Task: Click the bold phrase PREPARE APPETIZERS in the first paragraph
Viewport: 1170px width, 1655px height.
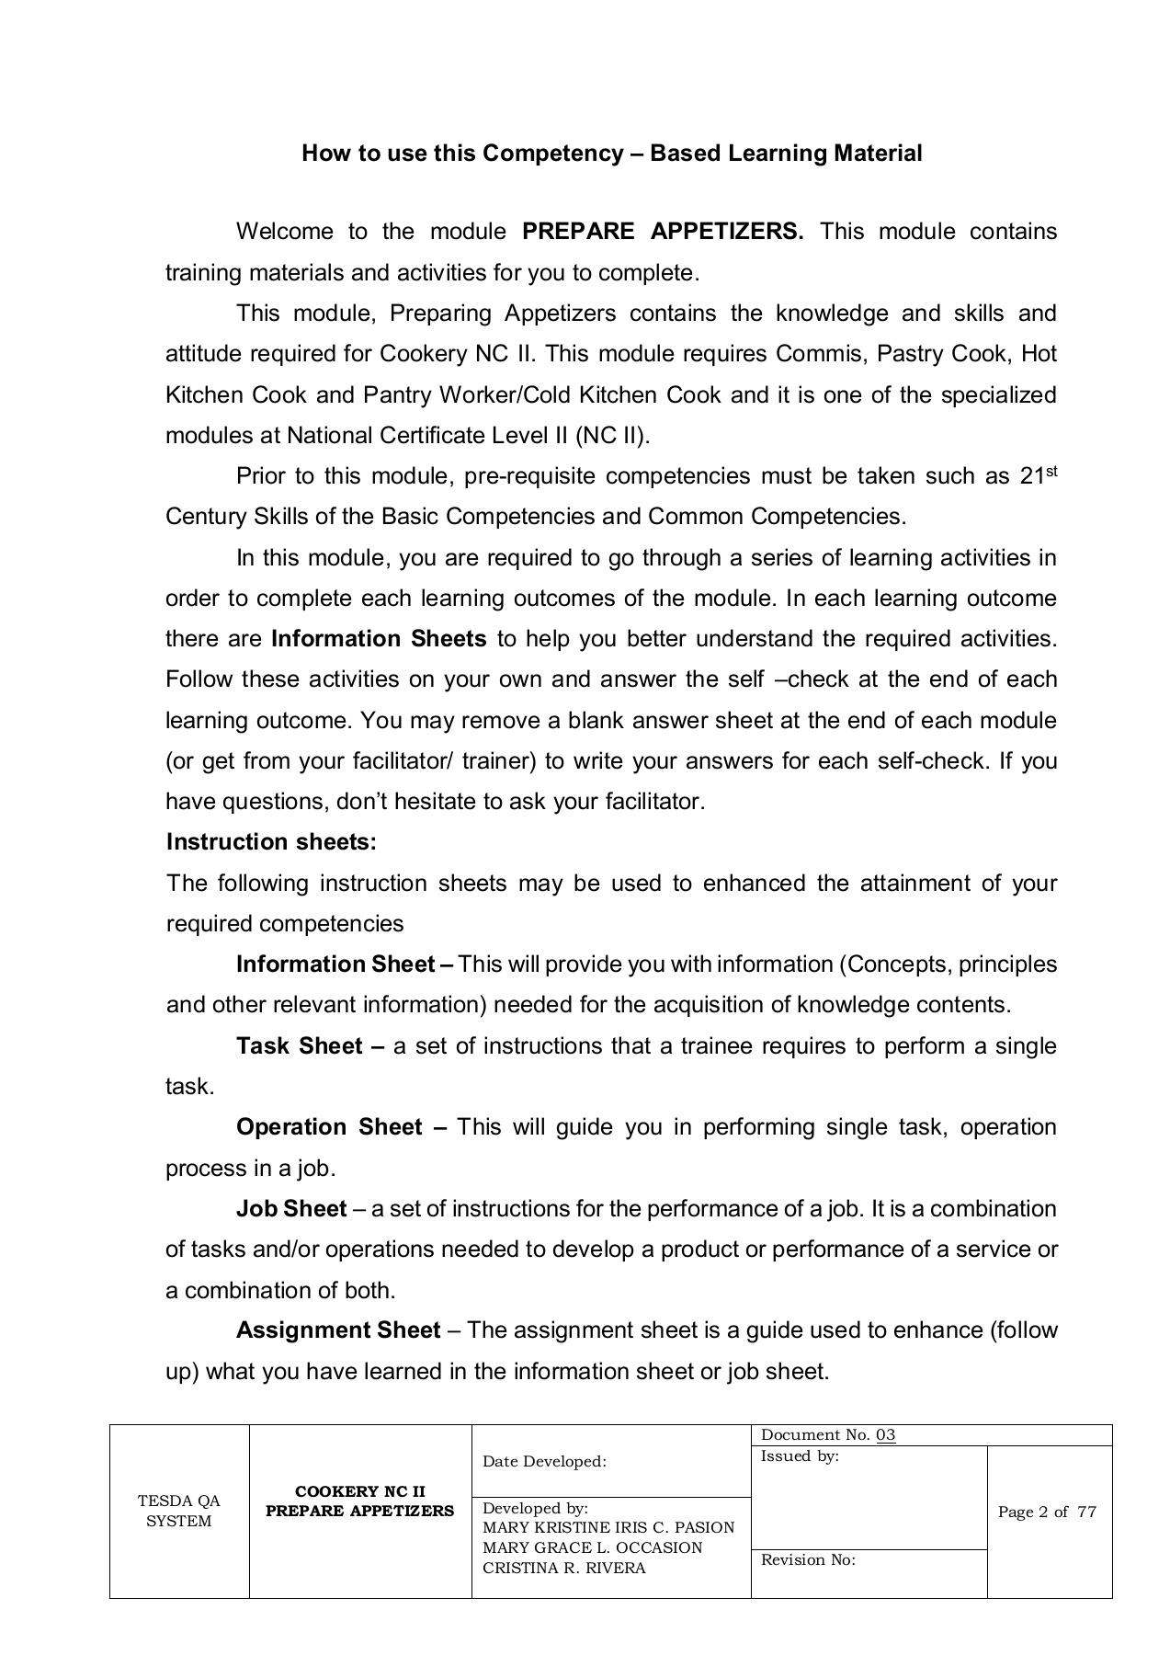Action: click(662, 231)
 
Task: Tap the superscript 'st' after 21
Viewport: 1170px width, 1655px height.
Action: click(1051, 471)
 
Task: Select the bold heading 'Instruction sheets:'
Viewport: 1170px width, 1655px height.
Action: click(271, 842)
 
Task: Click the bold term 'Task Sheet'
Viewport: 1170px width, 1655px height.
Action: click(299, 1046)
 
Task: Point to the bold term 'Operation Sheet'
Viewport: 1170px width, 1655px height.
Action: click(329, 1127)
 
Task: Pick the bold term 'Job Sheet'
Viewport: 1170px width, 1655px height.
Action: click(291, 1208)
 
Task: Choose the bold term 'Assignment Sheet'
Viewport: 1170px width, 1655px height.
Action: click(338, 1330)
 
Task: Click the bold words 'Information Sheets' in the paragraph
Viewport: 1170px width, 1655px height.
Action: click(379, 639)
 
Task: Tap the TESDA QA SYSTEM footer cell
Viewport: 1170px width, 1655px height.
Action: click(179, 1511)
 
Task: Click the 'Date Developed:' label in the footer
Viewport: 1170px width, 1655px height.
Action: click(544, 1462)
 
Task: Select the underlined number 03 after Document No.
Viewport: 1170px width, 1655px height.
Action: click(885, 1435)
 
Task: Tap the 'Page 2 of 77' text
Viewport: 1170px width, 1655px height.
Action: click(1047, 1512)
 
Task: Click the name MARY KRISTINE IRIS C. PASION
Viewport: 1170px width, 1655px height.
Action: click(608, 1527)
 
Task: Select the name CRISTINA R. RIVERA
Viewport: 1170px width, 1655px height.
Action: click(563, 1568)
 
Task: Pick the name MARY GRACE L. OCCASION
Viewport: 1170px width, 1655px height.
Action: click(592, 1547)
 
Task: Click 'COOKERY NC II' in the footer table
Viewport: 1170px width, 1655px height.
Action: click(359, 1491)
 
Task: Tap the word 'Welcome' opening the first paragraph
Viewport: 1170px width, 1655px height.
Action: click(284, 231)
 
